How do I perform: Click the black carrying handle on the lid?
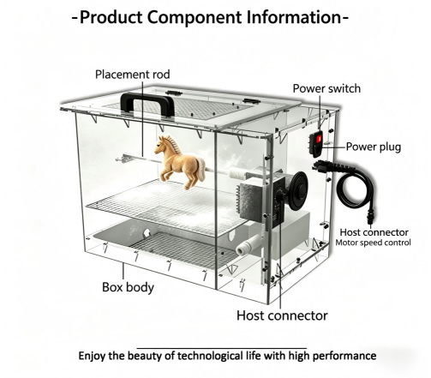tap(147, 99)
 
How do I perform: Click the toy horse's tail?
tap(201, 170)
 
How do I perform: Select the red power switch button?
tap(319, 139)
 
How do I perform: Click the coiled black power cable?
tap(356, 187)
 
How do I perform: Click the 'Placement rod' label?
tap(133, 75)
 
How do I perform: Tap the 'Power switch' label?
tap(326, 88)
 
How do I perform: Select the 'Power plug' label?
tap(374, 147)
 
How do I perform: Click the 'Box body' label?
tap(128, 287)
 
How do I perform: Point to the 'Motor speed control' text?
tap(373, 243)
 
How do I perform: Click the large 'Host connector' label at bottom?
tap(282, 315)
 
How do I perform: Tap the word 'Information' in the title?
tap(294, 17)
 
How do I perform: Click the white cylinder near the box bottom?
tap(248, 246)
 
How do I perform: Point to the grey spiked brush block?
tap(251, 200)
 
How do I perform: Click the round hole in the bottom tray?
tap(147, 233)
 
